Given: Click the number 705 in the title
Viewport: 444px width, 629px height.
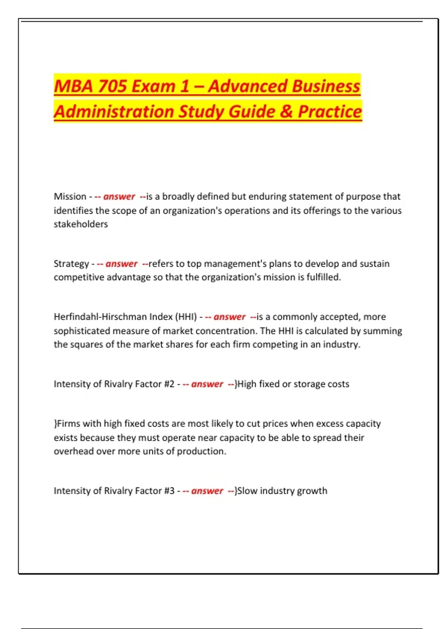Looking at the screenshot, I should coord(112,86).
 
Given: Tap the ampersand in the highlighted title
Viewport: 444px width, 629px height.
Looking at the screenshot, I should coord(286,111).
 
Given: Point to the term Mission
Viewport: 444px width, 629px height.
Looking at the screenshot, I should coord(70,196).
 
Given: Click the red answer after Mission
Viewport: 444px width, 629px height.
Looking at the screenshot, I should coord(119,196).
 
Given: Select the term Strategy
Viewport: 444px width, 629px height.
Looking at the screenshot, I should coord(71,264).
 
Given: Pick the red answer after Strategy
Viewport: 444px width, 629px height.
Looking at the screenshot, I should coord(121,264).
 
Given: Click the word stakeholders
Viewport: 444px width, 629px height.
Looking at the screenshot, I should coord(81,224).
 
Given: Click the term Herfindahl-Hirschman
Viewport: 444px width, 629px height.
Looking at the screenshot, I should coord(100,317).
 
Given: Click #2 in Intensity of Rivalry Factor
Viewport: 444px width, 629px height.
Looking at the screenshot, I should coord(169,384).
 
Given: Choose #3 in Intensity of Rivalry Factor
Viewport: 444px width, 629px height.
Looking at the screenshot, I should coord(169,491).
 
